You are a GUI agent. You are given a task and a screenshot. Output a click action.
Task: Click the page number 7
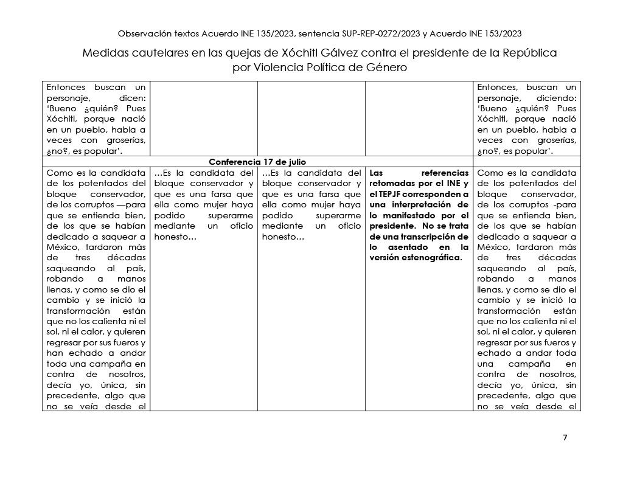pos(565,438)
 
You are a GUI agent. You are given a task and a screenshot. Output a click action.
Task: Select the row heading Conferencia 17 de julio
pos(257,162)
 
